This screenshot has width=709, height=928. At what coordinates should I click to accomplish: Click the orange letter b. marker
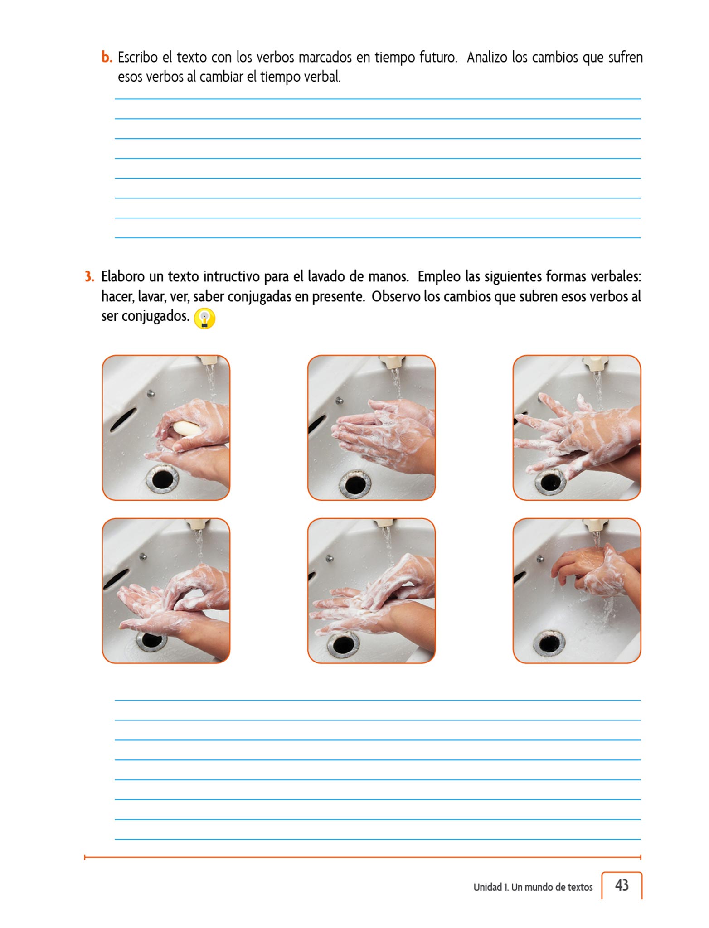pos(107,58)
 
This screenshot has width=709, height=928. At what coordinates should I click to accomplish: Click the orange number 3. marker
pos(89,276)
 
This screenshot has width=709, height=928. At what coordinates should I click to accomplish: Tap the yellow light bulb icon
pos(204,319)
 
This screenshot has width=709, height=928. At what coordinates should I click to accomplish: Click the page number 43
pos(622,885)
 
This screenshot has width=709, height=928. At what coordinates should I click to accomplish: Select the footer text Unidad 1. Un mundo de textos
pos(533,887)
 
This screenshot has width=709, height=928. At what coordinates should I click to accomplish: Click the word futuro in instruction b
pos(437,58)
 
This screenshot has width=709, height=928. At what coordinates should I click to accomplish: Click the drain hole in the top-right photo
pos(550,482)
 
